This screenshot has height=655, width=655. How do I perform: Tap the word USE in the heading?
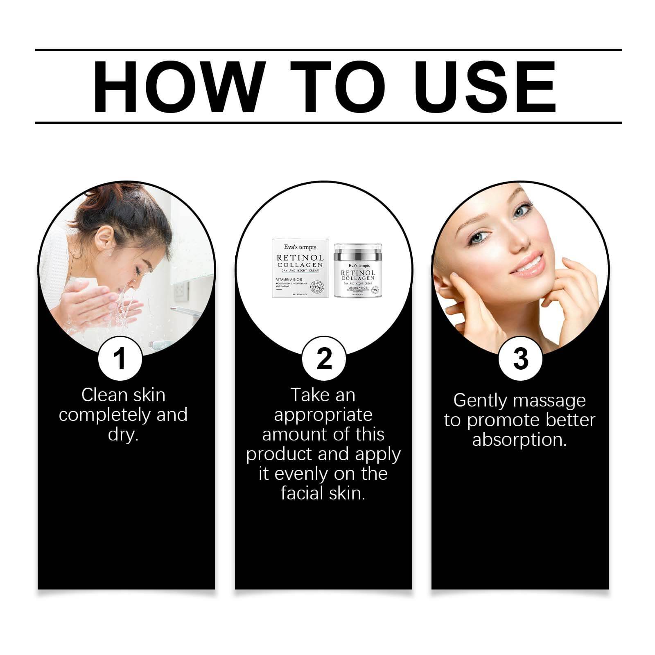pos(487,87)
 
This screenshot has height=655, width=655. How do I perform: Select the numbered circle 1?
pos(120,359)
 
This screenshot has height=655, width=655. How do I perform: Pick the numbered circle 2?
pos(324,359)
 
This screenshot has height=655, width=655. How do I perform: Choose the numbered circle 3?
pos(520,359)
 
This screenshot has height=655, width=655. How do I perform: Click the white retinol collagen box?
pos(300,269)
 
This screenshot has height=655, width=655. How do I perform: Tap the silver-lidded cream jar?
pos(358,271)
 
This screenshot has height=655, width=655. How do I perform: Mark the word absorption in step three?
pos(519,440)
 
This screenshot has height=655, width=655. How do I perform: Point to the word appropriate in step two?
pos(323,415)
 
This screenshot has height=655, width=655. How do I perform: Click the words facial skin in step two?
pos(323,493)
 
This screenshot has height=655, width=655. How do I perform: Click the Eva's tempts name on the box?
pos(300,247)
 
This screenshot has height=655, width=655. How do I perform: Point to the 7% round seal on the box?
pos(317,287)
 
